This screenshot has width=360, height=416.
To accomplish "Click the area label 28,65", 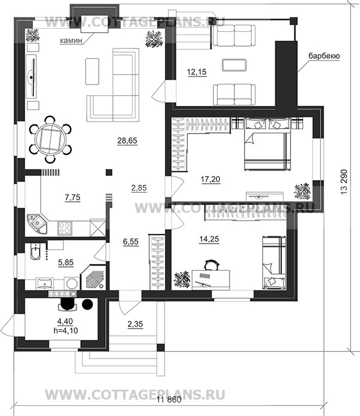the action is coord(127,140).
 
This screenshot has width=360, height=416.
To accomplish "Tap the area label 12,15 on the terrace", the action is coord(197,72).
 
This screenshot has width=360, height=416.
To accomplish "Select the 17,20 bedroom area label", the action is coord(210,180).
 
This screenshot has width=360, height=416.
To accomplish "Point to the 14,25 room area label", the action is coord(209,239).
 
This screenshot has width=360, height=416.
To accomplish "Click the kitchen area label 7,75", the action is coord(72,198).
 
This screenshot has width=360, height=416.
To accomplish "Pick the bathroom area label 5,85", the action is coord(66,262).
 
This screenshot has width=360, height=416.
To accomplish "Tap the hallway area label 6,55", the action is coord(131,242).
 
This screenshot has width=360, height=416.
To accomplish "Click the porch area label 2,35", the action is coord(135,324).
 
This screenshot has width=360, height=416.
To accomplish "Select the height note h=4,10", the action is coord(65,330).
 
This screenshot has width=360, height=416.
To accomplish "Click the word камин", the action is coord(71,41).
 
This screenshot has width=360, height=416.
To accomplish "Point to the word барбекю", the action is coord(324,56).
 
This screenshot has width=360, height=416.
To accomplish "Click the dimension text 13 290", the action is coord(344,182).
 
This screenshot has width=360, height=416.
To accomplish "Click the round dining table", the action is coord(50,139).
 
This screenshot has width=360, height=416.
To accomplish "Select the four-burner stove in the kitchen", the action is coord(65,227).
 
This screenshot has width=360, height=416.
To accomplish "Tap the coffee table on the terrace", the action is coord(234,65).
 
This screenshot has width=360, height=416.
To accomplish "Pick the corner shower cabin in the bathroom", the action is coord(93,278).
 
